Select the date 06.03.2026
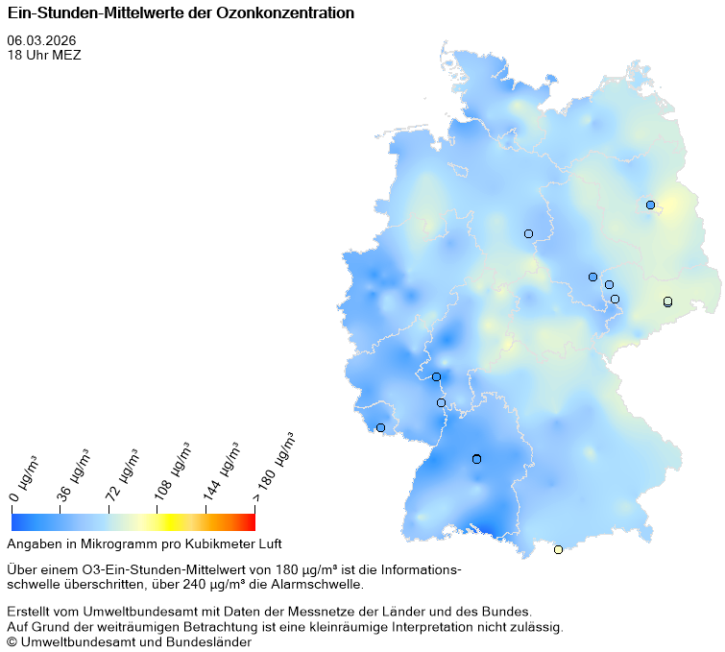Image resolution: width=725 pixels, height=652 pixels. pos(41,40)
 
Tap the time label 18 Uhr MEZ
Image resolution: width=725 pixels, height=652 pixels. pos(44,55)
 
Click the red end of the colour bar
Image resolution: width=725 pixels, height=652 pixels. pos(249,521)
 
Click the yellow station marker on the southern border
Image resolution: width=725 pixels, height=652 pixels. pos(558,549)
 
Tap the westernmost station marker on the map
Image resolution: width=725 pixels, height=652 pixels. pos(380,427)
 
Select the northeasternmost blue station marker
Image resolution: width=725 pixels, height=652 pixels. pos(650,205)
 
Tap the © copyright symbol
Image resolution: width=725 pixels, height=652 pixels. pos(12,641)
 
